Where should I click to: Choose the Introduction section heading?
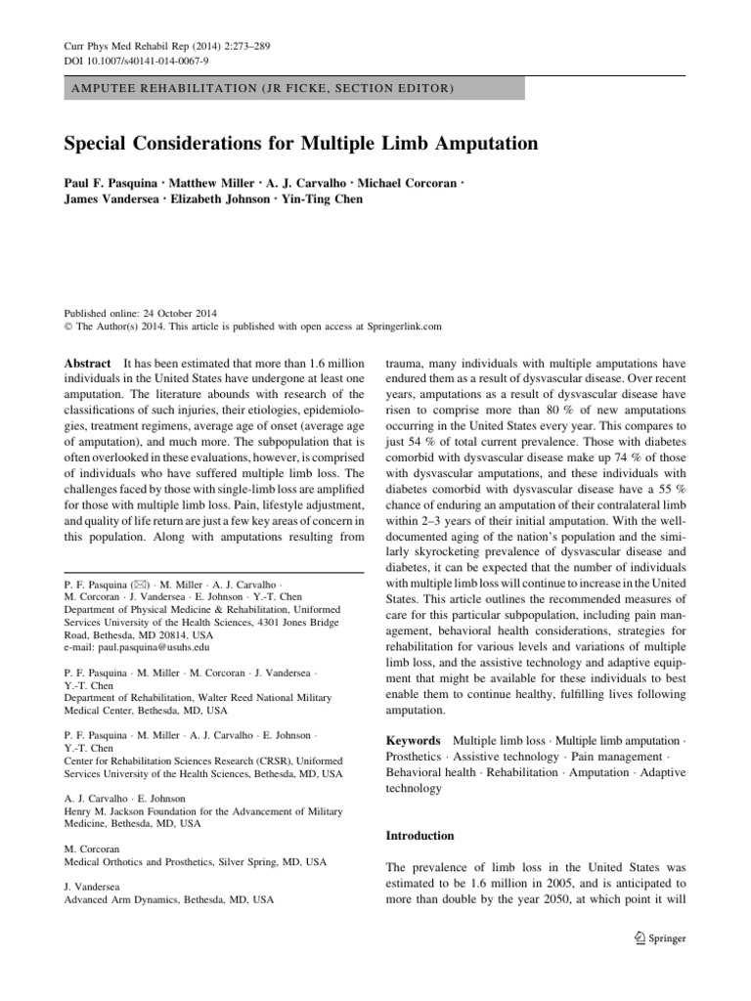(x=421, y=836)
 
